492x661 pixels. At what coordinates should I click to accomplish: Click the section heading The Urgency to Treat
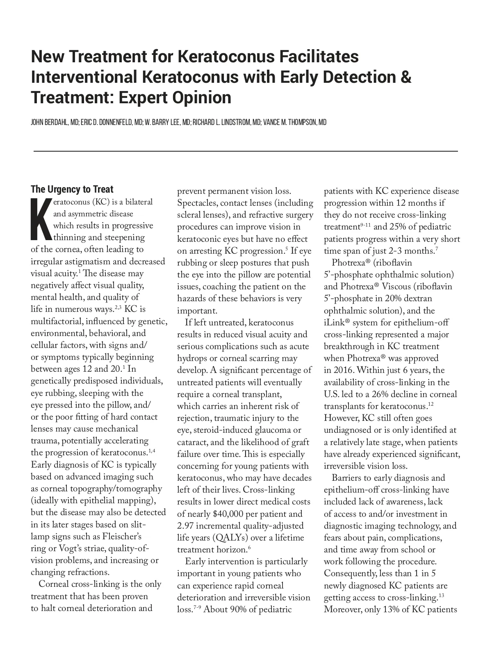pyautogui.click(x=72, y=189)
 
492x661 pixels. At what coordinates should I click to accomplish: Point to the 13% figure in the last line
pyautogui.click(x=393, y=609)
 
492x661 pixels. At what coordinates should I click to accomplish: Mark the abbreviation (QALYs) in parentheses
pyautogui.click(x=223, y=538)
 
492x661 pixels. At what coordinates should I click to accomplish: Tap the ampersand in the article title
pyautogui.click(x=405, y=77)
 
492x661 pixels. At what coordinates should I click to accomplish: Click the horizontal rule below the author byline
pyautogui.click(x=245, y=151)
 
